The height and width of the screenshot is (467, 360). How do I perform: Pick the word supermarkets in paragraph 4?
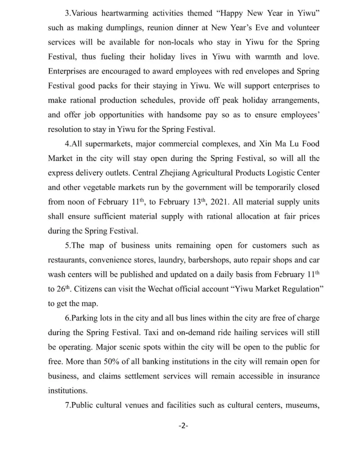105,144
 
